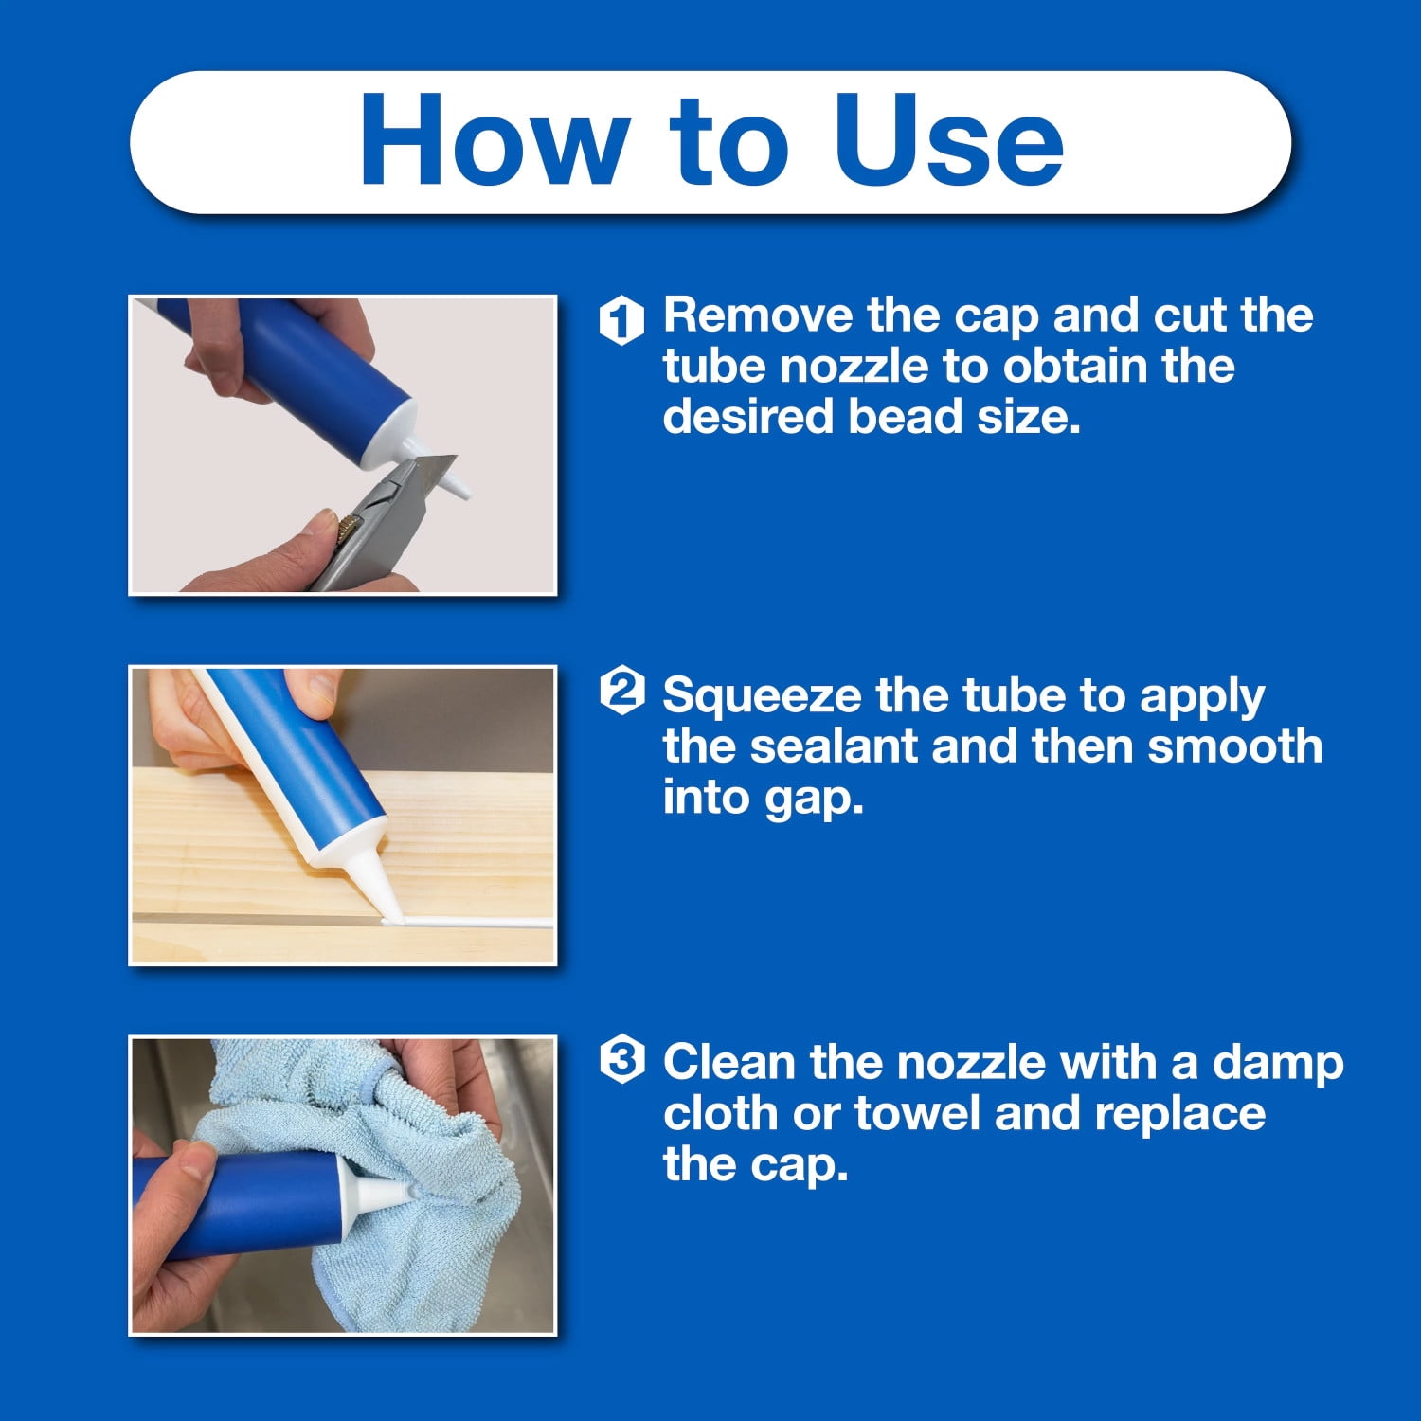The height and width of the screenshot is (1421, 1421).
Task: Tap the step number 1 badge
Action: click(x=621, y=318)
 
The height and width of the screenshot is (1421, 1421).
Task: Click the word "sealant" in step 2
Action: click(x=835, y=746)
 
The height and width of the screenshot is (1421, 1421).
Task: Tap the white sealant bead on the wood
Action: click(x=468, y=922)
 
